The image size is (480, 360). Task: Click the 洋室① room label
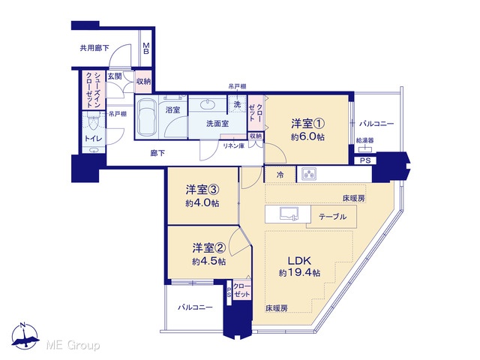pos(307,124)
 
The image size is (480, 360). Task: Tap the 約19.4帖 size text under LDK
pos(299,272)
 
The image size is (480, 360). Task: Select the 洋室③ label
pos(202,190)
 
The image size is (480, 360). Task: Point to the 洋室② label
pos(209,248)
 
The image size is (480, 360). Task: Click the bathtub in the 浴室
pos(146,117)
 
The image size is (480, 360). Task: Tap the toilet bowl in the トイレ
pos(93,123)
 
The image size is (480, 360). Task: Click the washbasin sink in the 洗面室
pos(208,105)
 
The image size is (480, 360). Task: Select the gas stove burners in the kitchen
pos(309,174)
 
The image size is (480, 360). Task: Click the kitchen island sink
pos(289,214)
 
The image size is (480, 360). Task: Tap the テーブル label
pos(332,217)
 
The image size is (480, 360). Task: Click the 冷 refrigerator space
pos(280,175)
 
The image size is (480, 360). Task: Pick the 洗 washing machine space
pos(237,104)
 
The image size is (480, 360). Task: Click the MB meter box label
pos(146,48)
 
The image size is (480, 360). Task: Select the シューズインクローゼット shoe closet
pos(93,90)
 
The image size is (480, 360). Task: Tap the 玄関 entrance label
pos(115,76)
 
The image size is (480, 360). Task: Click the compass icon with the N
pos(25,336)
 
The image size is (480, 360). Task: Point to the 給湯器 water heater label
pos(365,140)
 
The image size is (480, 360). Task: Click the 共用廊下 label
pos(94,48)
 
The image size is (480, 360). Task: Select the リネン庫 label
pos(233,146)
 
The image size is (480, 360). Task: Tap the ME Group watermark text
pos(73,345)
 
